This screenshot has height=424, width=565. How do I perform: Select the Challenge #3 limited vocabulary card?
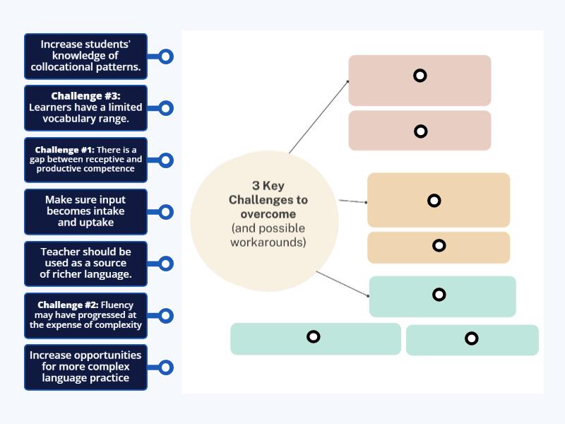coord(85,108)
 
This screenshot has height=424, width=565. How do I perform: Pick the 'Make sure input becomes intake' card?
coord(85,211)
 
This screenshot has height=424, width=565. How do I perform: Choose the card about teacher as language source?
coord(85,263)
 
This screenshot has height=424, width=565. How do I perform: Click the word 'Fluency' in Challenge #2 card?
coord(121,305)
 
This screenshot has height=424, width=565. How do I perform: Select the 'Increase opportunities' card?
coord(85,367)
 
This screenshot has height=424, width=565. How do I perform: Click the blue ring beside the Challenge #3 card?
coord(165,108)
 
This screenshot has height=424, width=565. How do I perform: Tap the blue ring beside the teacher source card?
coord(165,264)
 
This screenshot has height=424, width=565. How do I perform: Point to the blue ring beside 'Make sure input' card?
coord(165,212)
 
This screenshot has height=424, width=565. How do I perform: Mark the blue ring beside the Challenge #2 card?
coord(165,315)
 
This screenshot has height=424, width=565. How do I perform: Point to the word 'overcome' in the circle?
coord(268,213)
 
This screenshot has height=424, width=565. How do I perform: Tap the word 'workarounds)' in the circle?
coord(268,242)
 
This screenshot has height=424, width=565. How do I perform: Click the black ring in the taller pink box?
coord(420,76)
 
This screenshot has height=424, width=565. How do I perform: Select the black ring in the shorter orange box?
coord(439,246)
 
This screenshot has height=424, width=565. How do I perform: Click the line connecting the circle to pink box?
coord(318,117)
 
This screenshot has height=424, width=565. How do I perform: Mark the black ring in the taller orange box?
coord(434,201)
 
